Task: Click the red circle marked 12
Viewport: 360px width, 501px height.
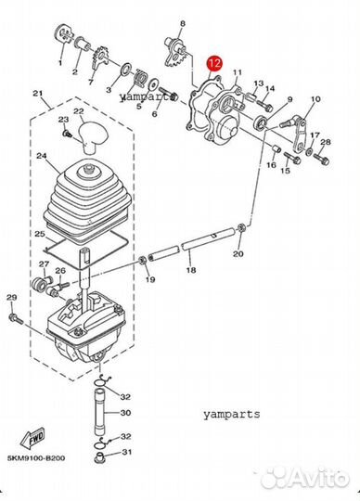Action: [x=214, y=64]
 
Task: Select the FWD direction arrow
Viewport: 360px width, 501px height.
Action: [x=32, y=436]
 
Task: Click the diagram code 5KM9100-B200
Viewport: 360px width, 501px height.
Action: [x=36, y=458]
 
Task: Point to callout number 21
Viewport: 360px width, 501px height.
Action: [x=38, y=94]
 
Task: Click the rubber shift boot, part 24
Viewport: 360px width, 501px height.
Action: [x=88, y=200]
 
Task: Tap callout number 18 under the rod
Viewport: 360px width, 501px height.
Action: [x=191, y=270]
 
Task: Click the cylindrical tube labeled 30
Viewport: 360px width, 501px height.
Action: [x=100, y=411]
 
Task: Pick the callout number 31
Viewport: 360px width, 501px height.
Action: [x=127, y=452]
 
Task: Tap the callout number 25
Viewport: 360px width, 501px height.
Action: [x=40, y=234]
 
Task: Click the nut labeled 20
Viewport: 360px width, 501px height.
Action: [x=241, y=229]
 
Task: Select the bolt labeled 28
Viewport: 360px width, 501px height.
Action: [x=321, y=159]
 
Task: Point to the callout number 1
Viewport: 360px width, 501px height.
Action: [x=60, y=63]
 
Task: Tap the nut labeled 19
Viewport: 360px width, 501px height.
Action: [x=143, y=261]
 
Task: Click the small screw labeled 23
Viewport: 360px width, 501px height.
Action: [x=67, y=134]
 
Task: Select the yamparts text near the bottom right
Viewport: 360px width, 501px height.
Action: [x=232, y=415]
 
